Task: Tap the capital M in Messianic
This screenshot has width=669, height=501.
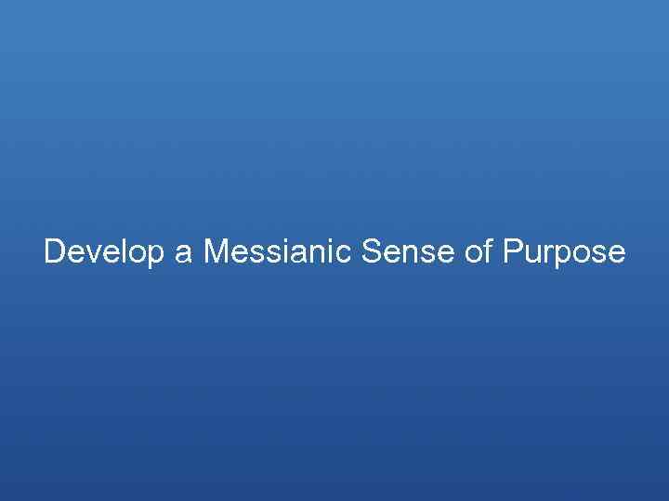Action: (215, 251)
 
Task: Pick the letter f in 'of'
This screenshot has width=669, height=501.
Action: (484, 250)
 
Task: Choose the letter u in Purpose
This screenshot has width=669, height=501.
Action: (531, 253)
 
